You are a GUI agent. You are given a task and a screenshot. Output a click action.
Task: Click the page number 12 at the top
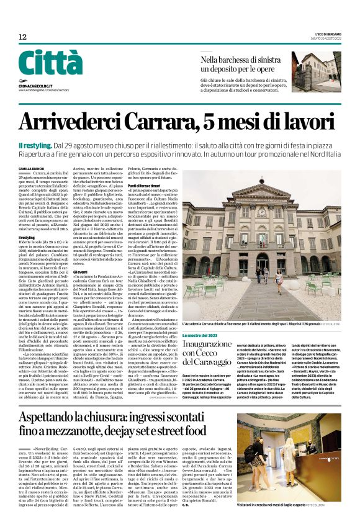click(x=22, y=37)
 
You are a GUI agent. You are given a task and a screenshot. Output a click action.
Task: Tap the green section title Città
click(x=50, y=63)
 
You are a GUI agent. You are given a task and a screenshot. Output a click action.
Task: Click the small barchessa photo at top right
click(x=316, y=71)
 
